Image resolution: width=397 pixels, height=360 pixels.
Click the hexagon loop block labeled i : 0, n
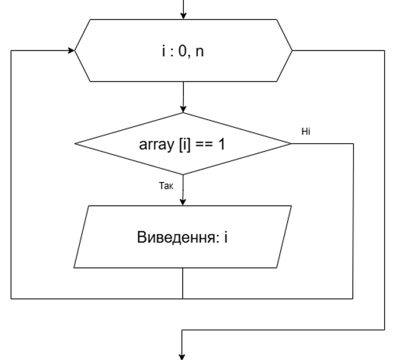183,50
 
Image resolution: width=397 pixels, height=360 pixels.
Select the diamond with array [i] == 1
183,144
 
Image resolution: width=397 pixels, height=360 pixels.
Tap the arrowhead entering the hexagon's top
183,15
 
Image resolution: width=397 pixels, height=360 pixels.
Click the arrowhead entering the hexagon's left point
70,50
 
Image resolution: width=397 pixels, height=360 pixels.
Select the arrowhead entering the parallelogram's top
183,202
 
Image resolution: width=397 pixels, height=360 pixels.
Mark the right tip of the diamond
291,144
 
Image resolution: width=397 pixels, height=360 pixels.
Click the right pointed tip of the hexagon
291,50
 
